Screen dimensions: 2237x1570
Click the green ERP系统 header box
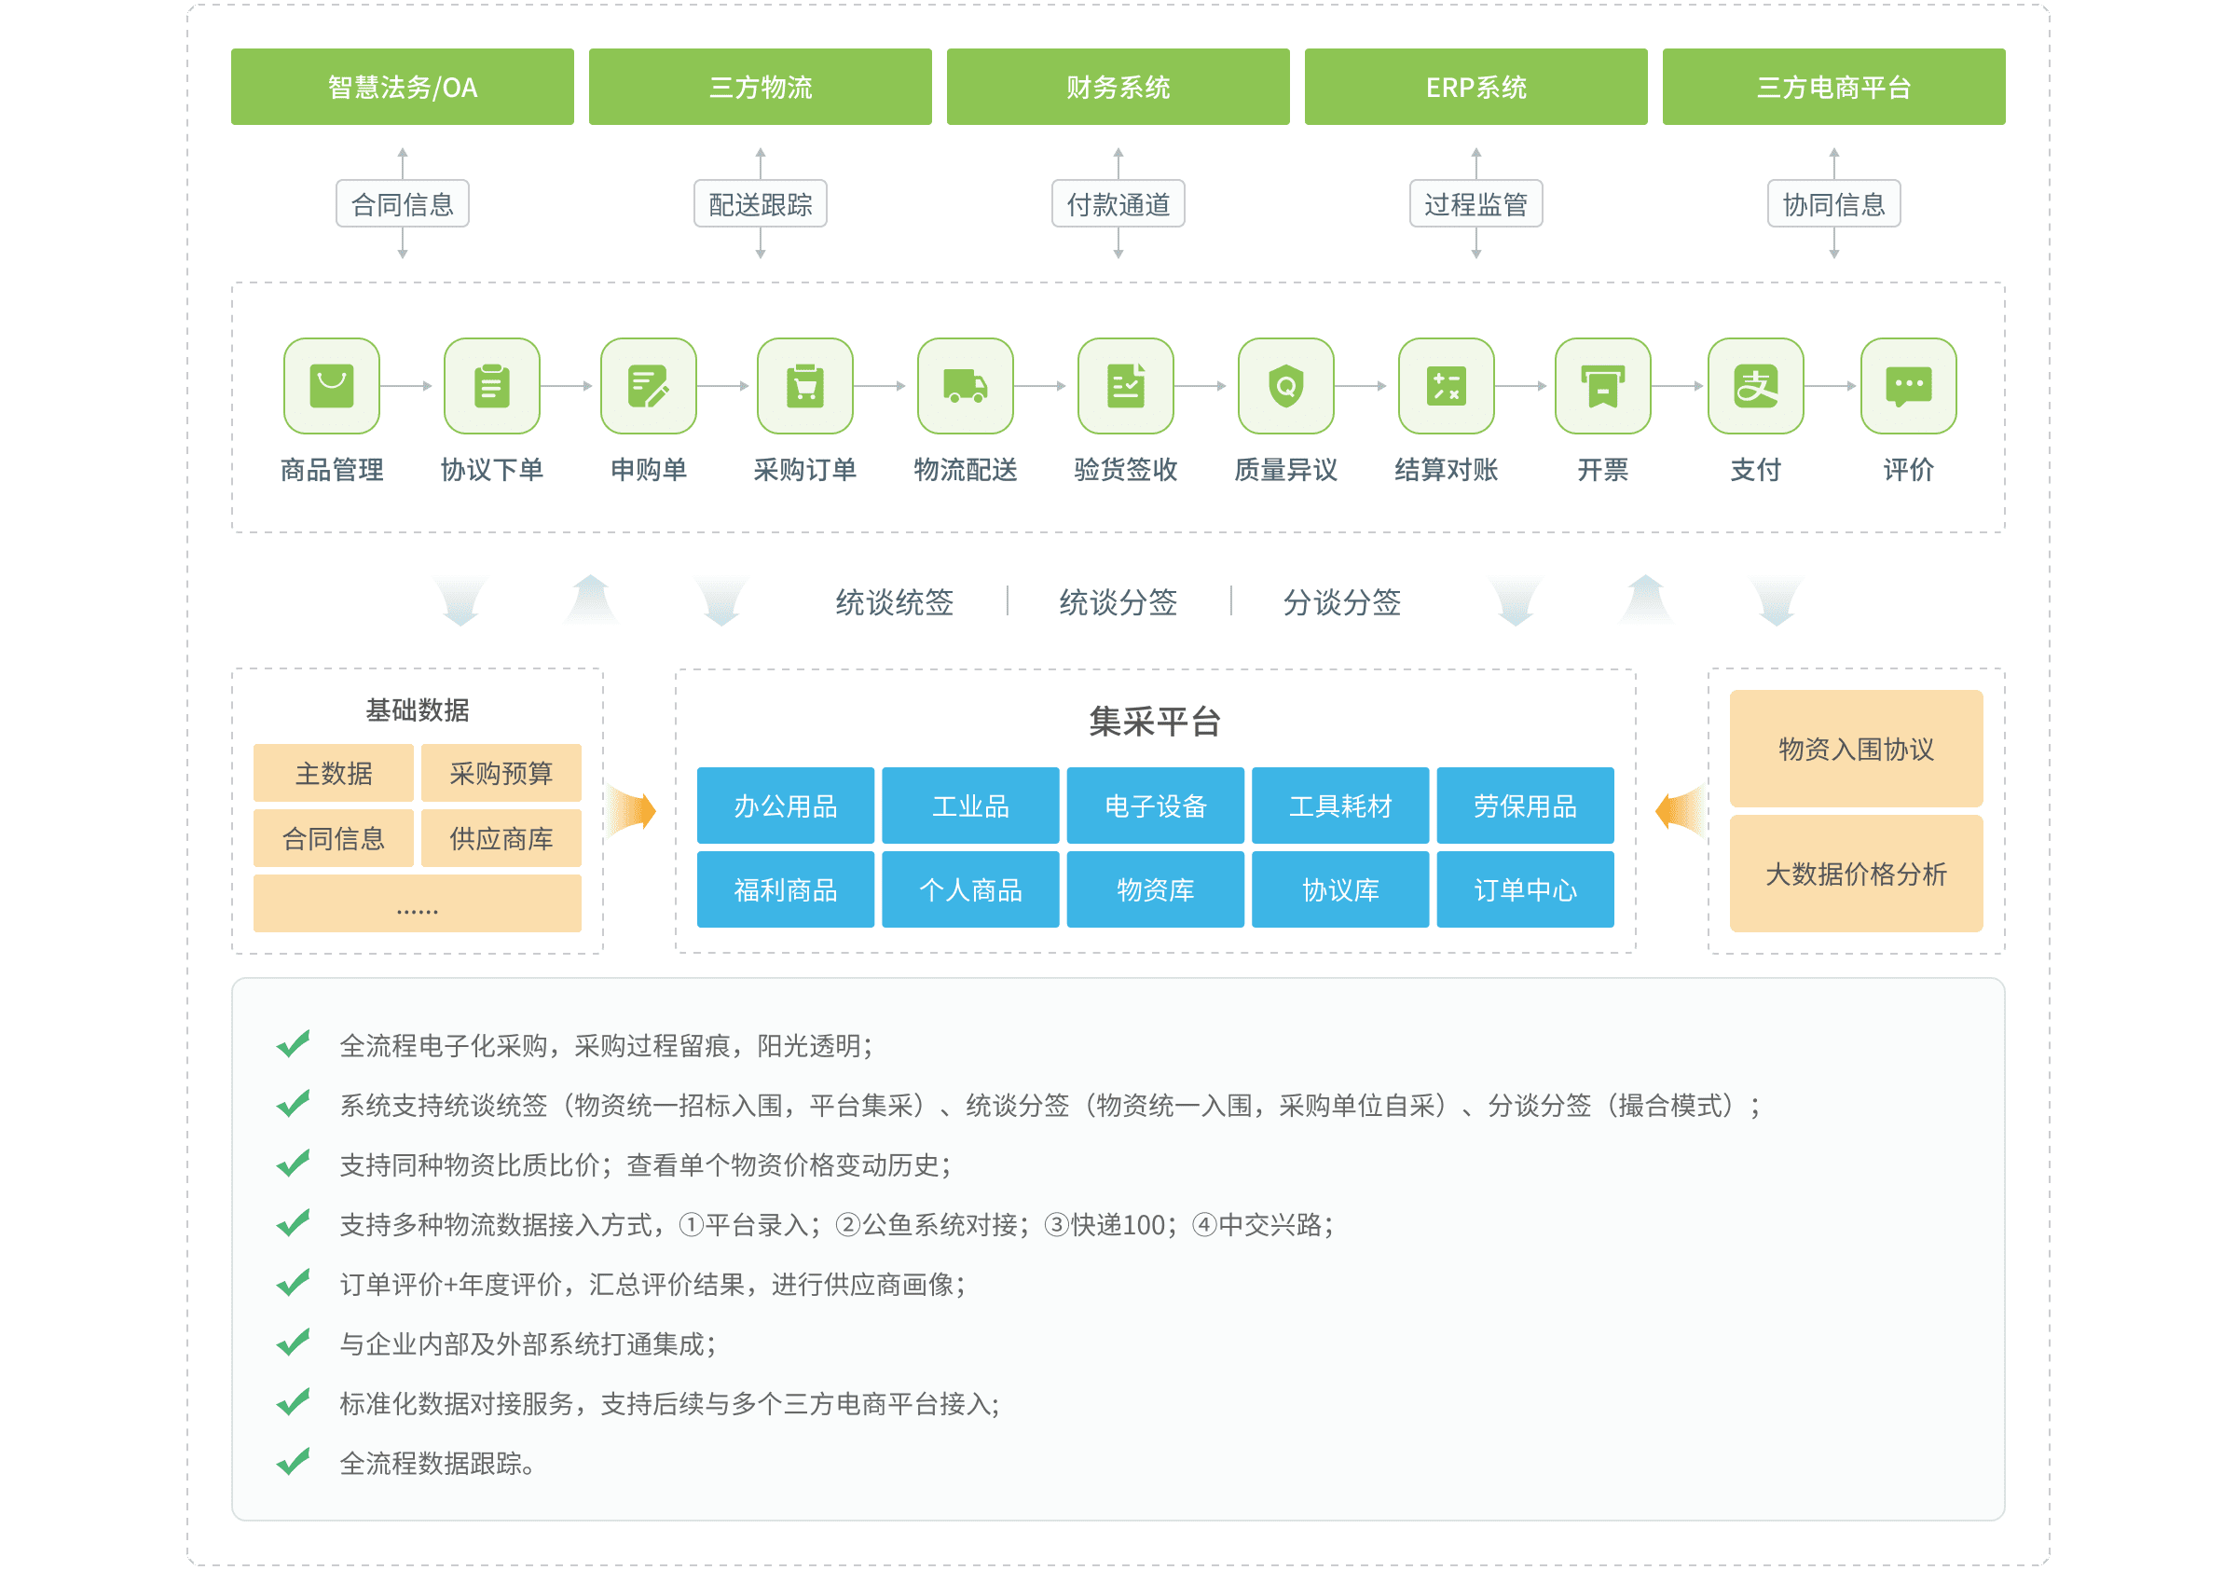coord(1475,87)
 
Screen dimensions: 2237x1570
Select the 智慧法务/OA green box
coord(403,87)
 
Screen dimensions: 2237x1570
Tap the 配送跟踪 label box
coord(760,203)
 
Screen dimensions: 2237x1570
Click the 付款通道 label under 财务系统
coord(1118,203)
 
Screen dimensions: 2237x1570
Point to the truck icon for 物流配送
coord(965,386)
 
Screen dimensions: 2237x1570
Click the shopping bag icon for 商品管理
coord(331,386)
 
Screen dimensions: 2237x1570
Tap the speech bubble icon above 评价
coord(1908,386)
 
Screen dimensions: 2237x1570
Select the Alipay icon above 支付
coord(1756,386)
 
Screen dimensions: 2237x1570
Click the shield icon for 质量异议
coord(1285,386)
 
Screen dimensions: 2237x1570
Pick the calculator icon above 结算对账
coord(1446,386)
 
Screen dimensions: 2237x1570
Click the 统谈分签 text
coord(1118,602)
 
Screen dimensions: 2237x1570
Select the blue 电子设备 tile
coord(1155,805)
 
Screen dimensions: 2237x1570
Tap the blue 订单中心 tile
coord(1525,888)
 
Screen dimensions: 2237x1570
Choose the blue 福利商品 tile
coord(786,888)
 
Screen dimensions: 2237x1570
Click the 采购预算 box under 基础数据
coord(501,773)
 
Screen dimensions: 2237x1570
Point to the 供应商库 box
coord(501,838)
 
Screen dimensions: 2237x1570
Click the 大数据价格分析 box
coord(1856,874)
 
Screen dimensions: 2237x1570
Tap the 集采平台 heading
coord(1155,722)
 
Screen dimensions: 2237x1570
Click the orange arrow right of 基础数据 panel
coord(633,811)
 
